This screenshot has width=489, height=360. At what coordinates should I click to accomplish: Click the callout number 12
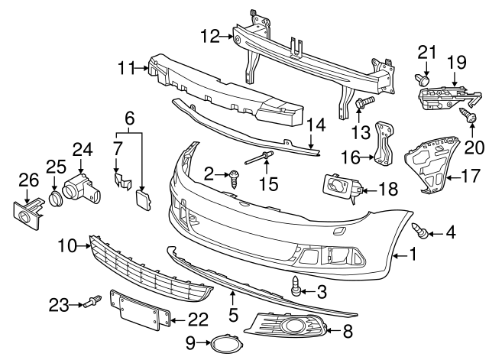tap(209, 34)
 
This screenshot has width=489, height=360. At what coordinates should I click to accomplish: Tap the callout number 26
tap(28, 181)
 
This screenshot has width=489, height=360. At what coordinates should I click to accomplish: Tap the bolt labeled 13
tap(363, 102)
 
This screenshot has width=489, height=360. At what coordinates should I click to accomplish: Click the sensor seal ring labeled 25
tap(56, 201)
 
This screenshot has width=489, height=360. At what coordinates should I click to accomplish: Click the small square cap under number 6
tap(143, 200)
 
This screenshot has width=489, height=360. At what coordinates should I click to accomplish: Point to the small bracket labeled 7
tap(121, 180)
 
